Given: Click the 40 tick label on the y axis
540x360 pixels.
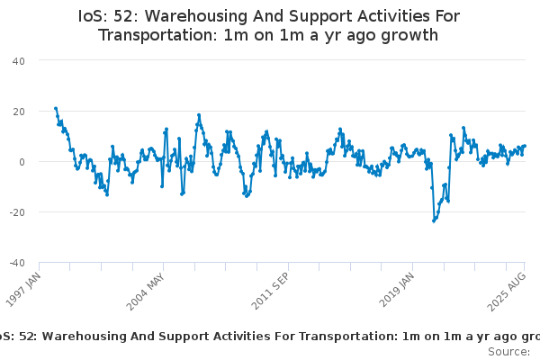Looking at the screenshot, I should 18,60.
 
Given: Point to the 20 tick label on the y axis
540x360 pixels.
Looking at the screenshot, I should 18,111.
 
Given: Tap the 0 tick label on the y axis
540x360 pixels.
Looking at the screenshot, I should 21,161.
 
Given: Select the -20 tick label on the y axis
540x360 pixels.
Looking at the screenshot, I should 16,211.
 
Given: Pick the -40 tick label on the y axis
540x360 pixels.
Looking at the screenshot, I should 16,263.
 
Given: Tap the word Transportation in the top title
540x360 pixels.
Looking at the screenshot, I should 157,36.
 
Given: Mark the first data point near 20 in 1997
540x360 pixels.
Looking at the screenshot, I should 56,108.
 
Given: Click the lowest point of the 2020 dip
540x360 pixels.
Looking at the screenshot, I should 434,220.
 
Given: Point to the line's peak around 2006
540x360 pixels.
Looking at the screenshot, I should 199,115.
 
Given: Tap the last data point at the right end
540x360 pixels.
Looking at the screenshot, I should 525,146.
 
